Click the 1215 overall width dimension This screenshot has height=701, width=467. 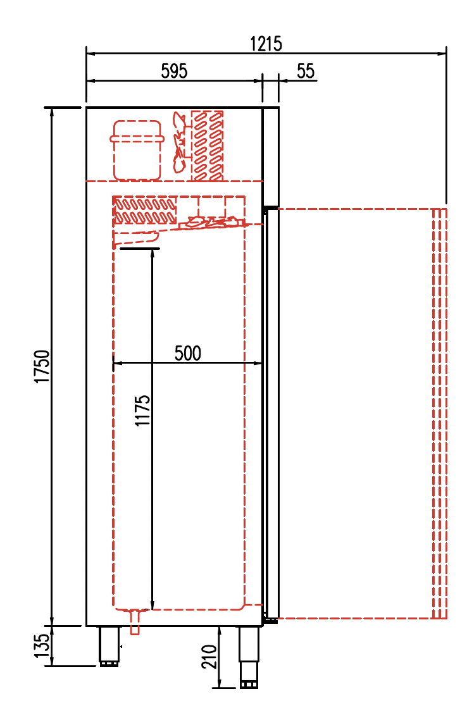pos(266,44)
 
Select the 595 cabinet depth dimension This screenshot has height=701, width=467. pos(174,71)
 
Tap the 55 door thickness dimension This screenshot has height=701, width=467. pos(306,71)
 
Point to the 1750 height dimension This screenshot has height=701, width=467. pos(42,366)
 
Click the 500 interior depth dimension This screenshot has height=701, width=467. pos(188,353)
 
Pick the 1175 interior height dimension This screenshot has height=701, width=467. pos(143,411)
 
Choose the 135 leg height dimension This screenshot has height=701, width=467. pos(42,645)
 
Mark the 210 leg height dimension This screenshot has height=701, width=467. pos(210,656)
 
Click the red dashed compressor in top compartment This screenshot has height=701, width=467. pos(137,150)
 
